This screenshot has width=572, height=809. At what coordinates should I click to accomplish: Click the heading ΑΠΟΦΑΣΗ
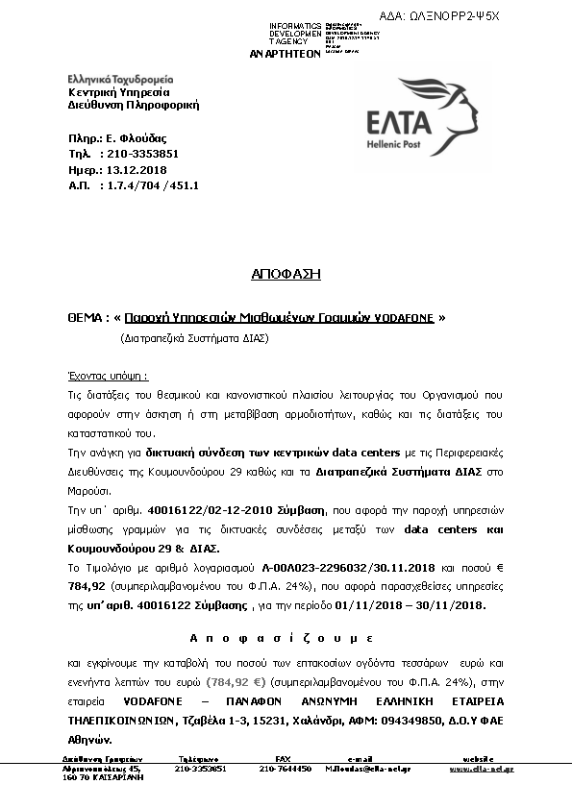(x=286, y=274)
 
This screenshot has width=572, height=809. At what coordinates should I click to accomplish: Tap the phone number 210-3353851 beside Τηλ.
(x=142, y=154)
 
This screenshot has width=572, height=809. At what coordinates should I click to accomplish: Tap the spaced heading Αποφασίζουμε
(x=281, y=637)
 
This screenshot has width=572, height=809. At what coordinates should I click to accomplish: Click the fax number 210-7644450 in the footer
(x=285, y=770)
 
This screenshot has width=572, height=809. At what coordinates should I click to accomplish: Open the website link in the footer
(x=481, y=770)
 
